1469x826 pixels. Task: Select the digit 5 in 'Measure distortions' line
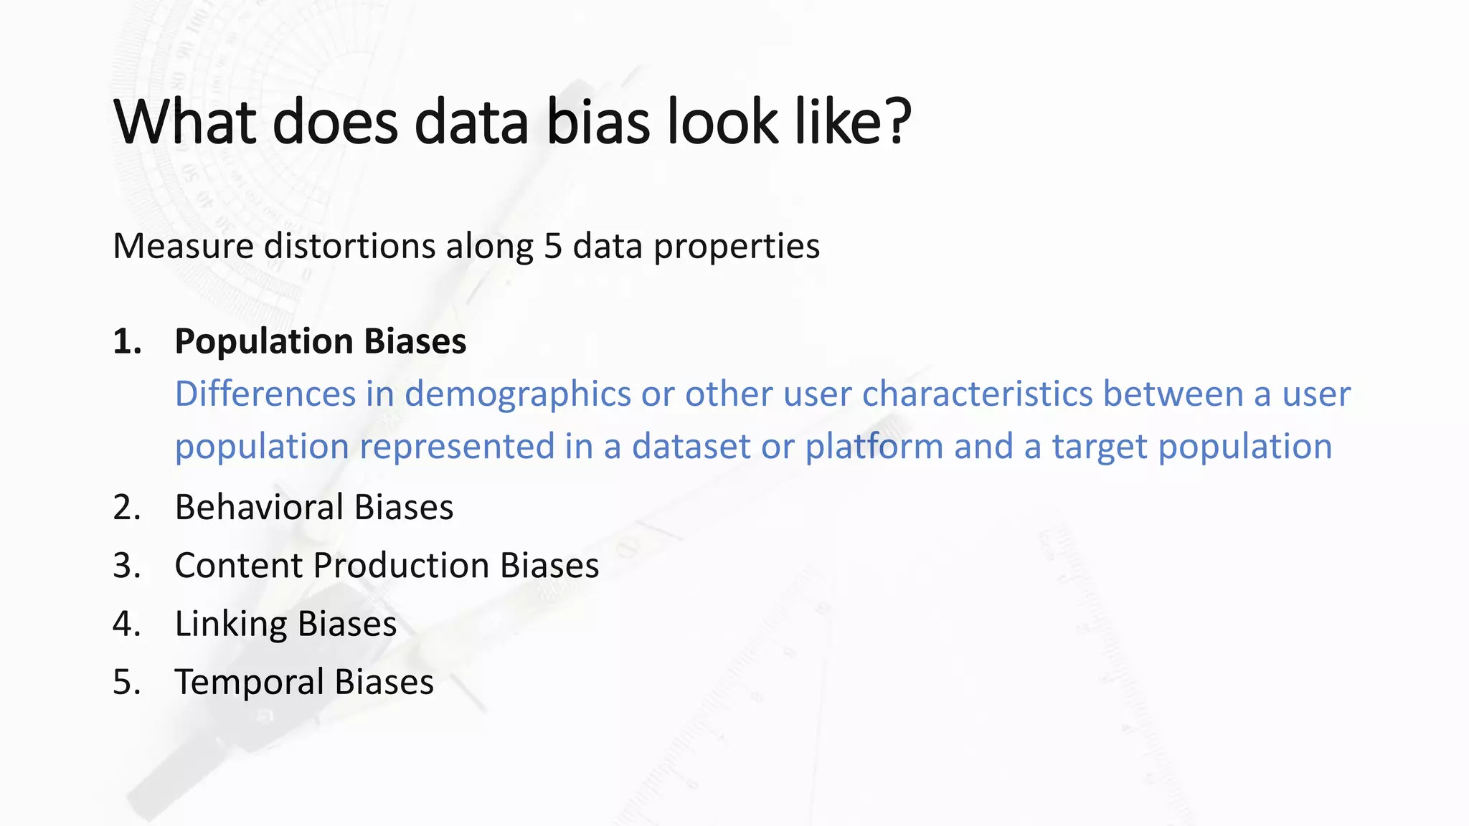(x=552, y=246)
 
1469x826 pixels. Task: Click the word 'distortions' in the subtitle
(x=349, y=246)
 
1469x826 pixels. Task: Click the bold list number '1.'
(x=127, y=341)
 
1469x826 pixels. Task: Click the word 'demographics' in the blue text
(x=517, y=395)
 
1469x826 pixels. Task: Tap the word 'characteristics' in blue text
(x=976, y=394)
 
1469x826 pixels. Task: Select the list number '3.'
(x=127, y=566)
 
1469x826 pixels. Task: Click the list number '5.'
(x=127, y=682)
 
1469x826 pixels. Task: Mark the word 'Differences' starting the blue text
(x=265, y=394)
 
